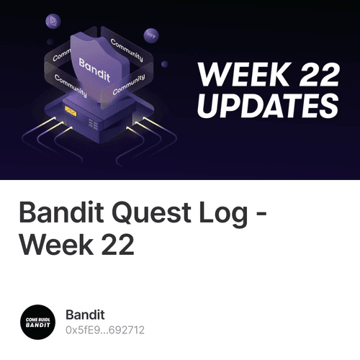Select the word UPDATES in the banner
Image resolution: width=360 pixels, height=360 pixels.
click(267, 105)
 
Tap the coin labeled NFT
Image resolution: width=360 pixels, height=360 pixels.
click(150, 34)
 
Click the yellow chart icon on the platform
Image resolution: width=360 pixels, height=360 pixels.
click(71, 112)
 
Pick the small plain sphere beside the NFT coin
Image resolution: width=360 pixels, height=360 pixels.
click(164, 63)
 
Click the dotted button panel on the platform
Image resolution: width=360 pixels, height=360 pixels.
click(93, 124)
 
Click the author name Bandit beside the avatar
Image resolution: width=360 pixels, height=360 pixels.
click(85, 315)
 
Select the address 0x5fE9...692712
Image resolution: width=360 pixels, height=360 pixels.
click(105, 330)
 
